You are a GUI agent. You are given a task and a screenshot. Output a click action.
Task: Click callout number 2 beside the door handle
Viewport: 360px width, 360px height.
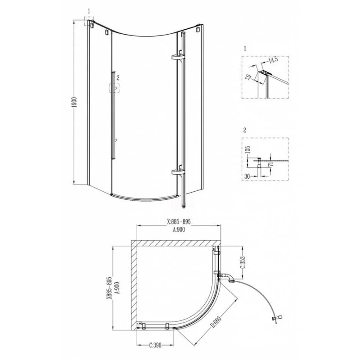coord(118,77)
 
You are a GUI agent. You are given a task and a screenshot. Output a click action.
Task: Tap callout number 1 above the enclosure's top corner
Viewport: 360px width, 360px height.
coord(90,10)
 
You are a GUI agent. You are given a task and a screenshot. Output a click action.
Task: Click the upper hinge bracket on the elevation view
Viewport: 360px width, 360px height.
coord(177,57)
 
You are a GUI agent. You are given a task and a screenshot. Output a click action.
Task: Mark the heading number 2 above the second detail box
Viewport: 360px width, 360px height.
coord(244,130)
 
